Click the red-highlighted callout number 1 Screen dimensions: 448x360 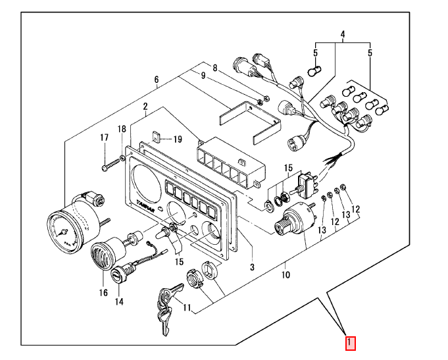point(350,343)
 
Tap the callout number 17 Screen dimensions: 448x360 point(105,138)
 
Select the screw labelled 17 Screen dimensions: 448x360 point(111,165)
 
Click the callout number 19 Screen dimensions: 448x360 point(178,140)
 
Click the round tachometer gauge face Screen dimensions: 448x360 point(66,232)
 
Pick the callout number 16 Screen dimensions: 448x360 point(103,292)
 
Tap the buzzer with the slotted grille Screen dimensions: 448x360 point(105,254)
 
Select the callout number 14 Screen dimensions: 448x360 point(119,301)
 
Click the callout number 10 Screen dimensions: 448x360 point(286,275)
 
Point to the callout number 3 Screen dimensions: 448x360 point(252,267)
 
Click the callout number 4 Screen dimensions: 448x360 point(343,34)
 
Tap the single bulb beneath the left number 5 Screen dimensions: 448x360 point(315,70)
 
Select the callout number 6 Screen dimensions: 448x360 point(157,80)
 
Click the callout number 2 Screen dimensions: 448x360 point(145,107)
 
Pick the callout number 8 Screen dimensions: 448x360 point(215,68)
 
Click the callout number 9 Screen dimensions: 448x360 point(203,76)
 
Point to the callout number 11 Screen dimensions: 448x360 point(187,307)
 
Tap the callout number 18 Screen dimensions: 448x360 point(122,129)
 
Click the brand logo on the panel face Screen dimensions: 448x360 point(145,205)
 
